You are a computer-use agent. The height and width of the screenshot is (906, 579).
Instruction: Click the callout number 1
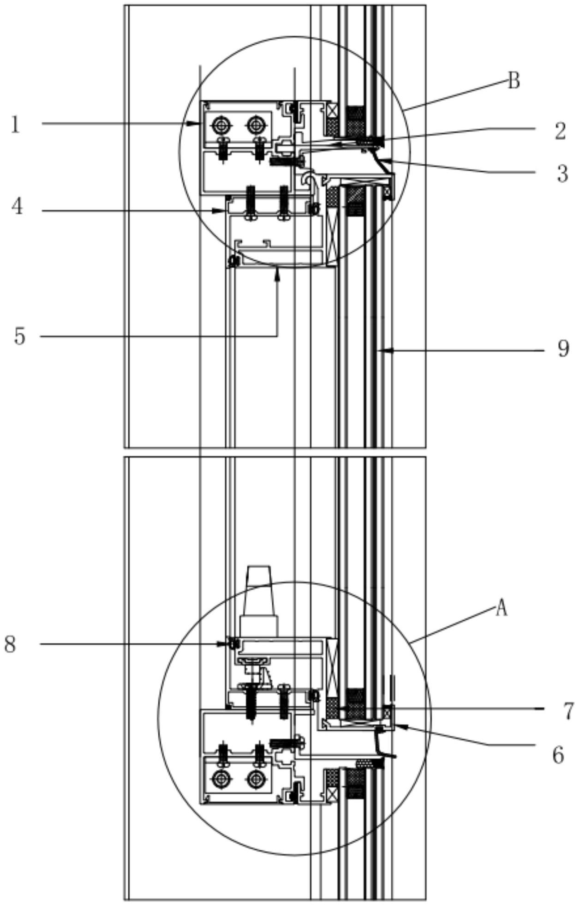[16, 125]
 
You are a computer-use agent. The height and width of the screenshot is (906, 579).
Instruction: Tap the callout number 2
[560, 131]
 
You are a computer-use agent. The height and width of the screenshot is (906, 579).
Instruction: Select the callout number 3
[562, 174]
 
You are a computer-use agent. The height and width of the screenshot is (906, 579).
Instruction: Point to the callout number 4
[17, 207]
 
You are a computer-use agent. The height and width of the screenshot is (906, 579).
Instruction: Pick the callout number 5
[19, 336]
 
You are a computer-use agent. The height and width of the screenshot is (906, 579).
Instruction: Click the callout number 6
[558, 756]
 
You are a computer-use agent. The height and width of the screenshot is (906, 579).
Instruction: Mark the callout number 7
[568, 711]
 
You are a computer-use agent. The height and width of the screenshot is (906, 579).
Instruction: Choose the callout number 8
[10, 644]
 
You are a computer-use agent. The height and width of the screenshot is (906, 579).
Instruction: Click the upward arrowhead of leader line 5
[277, 274]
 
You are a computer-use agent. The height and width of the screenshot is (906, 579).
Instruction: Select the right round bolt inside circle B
[256, 124]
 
